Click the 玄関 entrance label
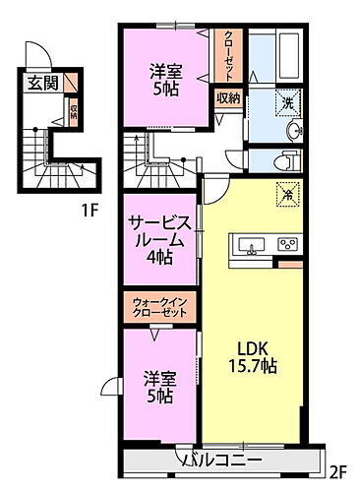41,83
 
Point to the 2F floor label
338,468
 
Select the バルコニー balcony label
218,460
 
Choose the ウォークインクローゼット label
157,308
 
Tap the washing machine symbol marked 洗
290,101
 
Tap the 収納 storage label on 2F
227,97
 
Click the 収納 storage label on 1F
75,108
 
